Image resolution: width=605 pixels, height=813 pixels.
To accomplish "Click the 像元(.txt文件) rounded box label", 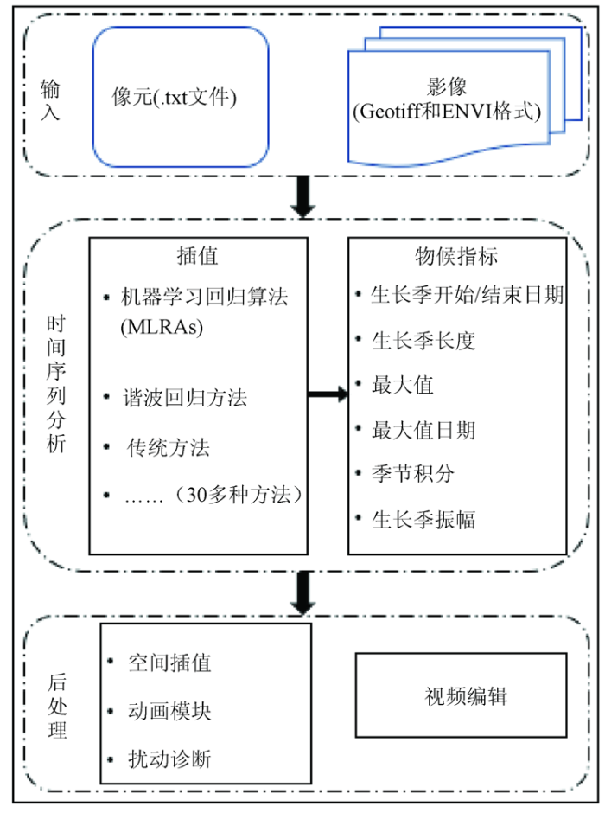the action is [175, 97].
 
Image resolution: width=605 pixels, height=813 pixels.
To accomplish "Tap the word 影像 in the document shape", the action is [447, 86].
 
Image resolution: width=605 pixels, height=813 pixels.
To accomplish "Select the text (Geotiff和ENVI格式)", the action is [447, 112].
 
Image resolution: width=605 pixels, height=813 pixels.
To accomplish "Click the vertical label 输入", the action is [50, 100].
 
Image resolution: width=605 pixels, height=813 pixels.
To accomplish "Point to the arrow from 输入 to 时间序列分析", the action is [302, 196].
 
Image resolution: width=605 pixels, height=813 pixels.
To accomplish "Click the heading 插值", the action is [198, 256].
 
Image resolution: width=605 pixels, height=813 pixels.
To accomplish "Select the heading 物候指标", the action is [456, 256].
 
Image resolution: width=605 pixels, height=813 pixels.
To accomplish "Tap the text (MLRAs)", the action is [162, 327].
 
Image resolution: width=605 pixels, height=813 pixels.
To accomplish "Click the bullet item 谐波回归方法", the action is [185, 398].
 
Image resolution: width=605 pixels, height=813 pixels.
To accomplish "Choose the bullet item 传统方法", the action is [169, 447].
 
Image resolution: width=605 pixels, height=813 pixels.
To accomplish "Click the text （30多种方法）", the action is [239, 496].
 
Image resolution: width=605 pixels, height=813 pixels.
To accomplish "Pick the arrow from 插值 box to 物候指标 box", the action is [328, 394].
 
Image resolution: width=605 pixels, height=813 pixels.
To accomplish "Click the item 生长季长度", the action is [423, 341].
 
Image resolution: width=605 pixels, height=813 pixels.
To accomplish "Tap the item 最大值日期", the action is [423, 430].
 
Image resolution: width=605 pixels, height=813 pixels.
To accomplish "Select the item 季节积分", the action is [413, 473].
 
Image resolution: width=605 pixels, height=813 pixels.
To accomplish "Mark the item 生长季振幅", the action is [423, 520].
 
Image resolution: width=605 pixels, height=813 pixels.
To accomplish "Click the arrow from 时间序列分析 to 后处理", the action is [302, 593].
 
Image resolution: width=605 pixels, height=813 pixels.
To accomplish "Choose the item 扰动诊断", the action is [169, 759].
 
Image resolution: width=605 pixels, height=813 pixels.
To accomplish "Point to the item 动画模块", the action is [169, 711].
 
